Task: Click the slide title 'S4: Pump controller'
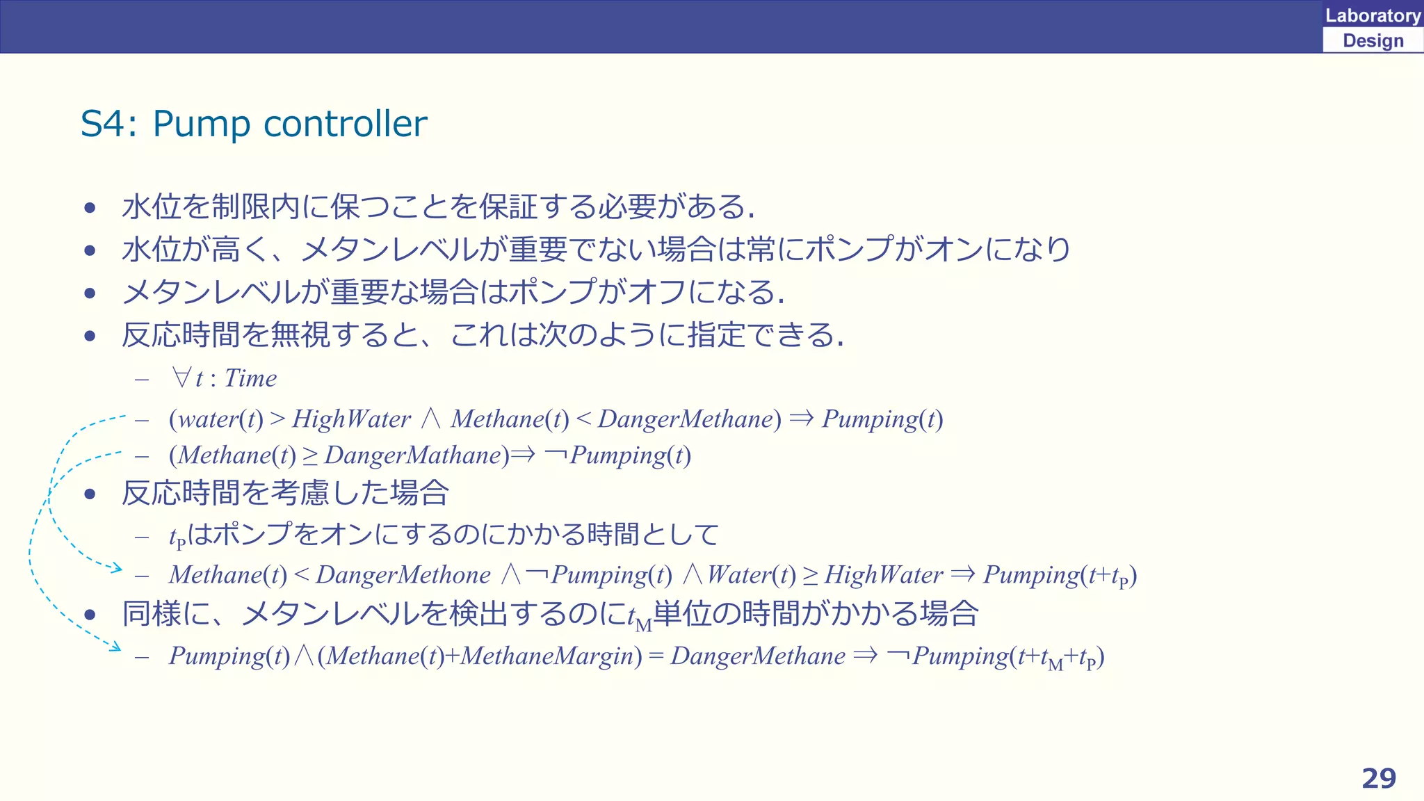click(x=254, y=124)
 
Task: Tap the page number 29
click(x=1379, y=778)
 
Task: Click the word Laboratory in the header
click(x=1373, y=15)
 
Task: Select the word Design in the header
click(x=1373, y=40)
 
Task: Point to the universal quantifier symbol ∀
click(x=181, y=378)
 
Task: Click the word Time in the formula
click(x=250, y=378)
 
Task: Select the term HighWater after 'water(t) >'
click(x=351, y=419)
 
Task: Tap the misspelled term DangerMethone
click(x=403, y=575)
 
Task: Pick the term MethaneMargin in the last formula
click(x=551, y=656)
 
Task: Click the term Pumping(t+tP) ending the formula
click(x=1060, y=576)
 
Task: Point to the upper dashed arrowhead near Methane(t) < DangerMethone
click(x=117, y=569)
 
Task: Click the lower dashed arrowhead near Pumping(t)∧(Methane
click(x=115, y=647)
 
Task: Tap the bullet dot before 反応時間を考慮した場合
click(x=90, y=494)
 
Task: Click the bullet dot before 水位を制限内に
click(x=90, y=207)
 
